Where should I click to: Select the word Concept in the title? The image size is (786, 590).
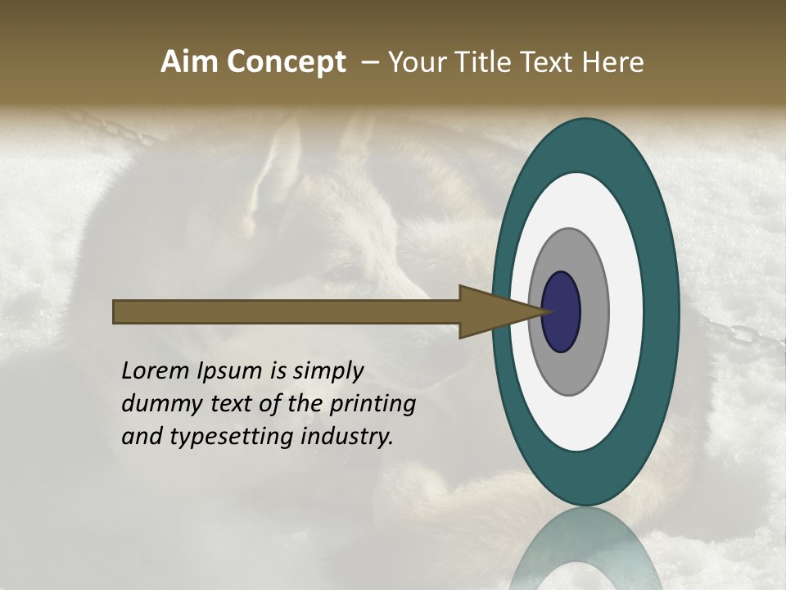286,62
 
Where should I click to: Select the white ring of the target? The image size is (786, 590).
626,312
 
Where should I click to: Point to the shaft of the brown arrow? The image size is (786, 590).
287,312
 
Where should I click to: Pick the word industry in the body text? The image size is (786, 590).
346,438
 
